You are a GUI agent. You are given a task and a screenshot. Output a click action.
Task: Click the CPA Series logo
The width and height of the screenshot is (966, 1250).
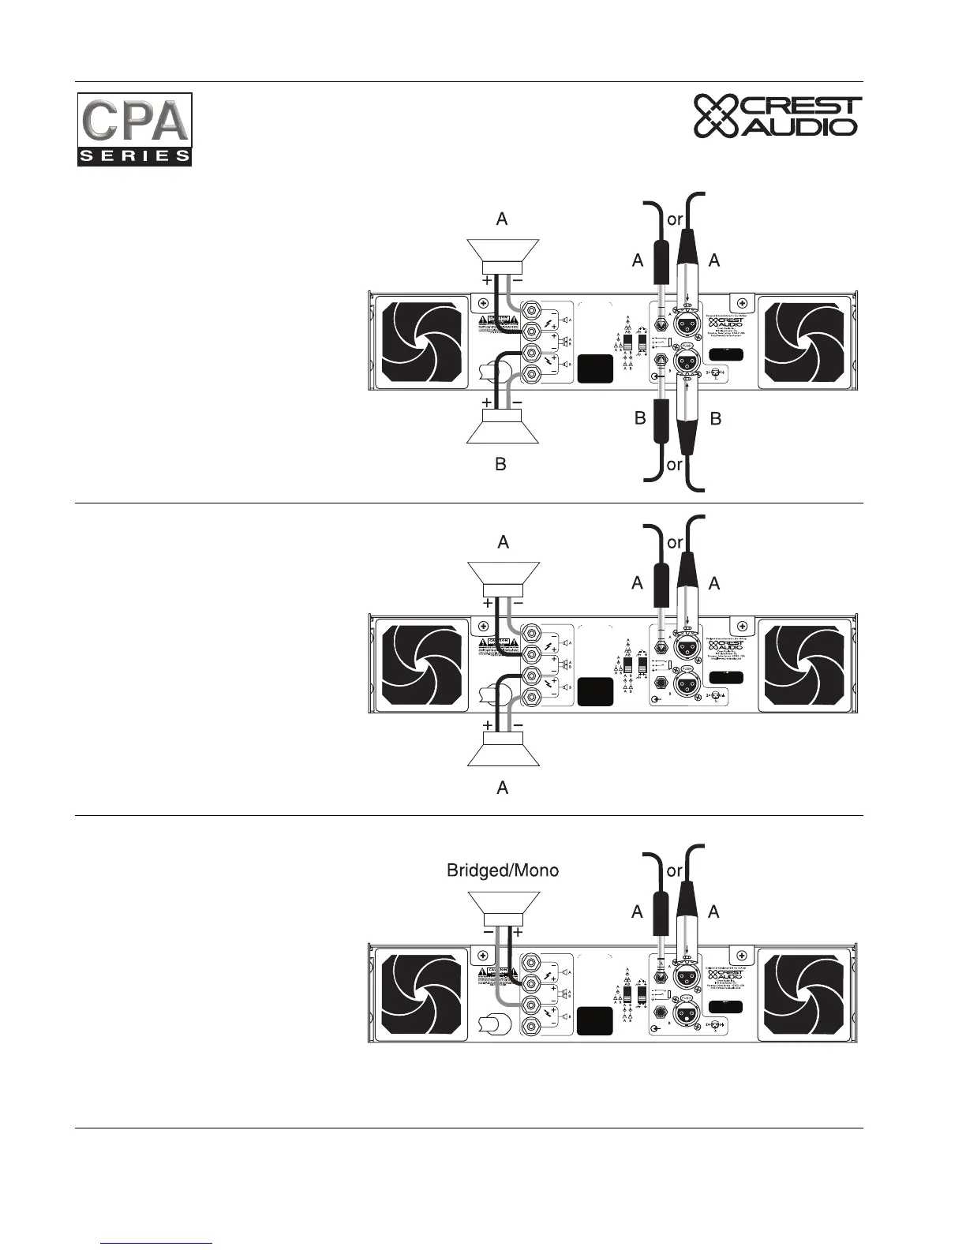click(x=134, y=129)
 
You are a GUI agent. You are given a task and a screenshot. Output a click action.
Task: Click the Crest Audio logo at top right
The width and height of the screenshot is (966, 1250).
click(x=777, y=117)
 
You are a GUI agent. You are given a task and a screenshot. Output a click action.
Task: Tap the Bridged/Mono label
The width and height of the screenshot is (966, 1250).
click(x=503, y=870)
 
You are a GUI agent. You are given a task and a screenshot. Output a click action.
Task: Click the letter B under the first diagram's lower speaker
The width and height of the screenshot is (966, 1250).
click(x=500, y=465)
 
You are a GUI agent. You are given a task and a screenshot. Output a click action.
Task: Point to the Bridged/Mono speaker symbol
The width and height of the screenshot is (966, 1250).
click(x=503, y=906)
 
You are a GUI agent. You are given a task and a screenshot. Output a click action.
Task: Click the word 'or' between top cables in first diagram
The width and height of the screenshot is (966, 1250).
click(x=675, y=220)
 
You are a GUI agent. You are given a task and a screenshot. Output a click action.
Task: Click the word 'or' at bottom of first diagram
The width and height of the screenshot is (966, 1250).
click(x=674, y=465)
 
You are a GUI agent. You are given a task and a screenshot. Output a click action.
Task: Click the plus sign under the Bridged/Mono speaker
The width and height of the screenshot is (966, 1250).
click(x=517, y=932)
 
